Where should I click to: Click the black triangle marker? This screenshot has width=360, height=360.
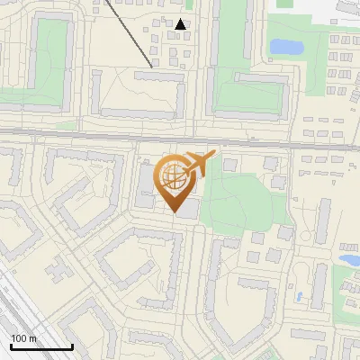tap(181, 24)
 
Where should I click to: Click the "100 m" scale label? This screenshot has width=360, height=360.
tap(24, 338)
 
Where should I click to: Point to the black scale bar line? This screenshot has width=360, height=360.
tap(41, 346)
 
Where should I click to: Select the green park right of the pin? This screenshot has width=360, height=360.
tap(238, 198)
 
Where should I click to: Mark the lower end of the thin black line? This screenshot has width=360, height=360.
tap(151, 66)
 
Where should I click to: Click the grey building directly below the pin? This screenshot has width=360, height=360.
tap(187, 210)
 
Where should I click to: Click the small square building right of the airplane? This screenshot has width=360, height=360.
tap(229, 165)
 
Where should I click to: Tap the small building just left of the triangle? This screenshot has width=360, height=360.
tap(164, 26)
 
